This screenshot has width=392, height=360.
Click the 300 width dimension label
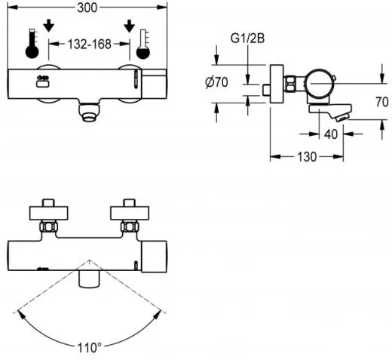[x=87, y=8]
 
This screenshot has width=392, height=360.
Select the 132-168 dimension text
[x=90, y=45]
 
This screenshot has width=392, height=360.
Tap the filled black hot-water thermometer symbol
[x=32, y=44]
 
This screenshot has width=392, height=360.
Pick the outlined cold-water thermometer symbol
[x=143, y=45]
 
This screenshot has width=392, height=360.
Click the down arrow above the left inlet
[x=48, y=26]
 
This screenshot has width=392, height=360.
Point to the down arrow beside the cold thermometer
[x=130, y=26]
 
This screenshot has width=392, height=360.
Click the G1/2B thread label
[x=247, y=38]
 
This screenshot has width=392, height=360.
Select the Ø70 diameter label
[x=216, y=82]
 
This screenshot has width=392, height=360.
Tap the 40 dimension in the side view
[x=331, y=134]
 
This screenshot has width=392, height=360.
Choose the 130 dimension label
[x=307, y=157]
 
